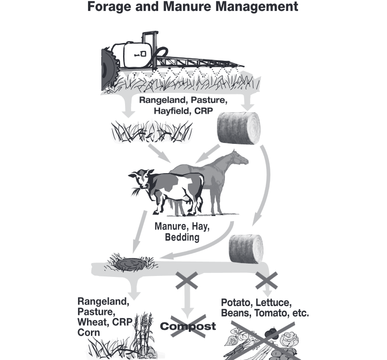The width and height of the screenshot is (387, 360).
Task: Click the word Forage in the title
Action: tap(115, 7)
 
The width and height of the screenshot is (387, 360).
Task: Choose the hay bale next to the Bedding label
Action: tap(246, 248)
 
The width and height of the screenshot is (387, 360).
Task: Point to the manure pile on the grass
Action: tap(129, 264)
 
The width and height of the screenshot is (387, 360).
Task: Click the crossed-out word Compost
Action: tap(188, 326)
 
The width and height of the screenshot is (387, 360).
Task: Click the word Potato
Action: tap(236, 302)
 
